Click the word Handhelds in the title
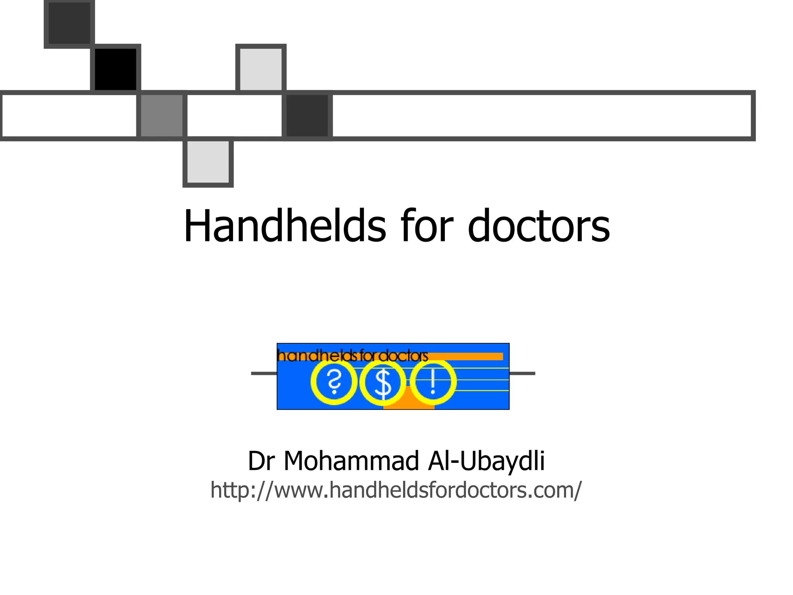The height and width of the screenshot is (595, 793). click(285, 226)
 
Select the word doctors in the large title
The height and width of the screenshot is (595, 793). click(539, 226)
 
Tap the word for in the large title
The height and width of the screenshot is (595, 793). click(427, 226)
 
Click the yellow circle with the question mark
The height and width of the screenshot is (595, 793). click(334, 382)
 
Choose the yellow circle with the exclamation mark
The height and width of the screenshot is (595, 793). click(433, 382)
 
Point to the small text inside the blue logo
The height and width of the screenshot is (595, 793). click(352, 355)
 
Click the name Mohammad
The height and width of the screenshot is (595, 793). click(352, 461)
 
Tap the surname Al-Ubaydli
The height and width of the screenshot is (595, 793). click(486, 461)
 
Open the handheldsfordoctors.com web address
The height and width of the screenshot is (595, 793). click(396, 490)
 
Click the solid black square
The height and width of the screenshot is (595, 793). click(115, 69)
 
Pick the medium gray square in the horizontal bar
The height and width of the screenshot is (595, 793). click(162, 115)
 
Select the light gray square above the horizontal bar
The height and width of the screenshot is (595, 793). click(261, 69)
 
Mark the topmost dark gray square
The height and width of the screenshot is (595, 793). click(69, 22)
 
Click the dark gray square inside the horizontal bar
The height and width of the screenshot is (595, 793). click(307, 115)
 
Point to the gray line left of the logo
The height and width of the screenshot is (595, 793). click(264, 373)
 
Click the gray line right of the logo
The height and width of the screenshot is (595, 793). click(522, 373)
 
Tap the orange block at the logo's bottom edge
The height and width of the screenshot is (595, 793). click(409, 403)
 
